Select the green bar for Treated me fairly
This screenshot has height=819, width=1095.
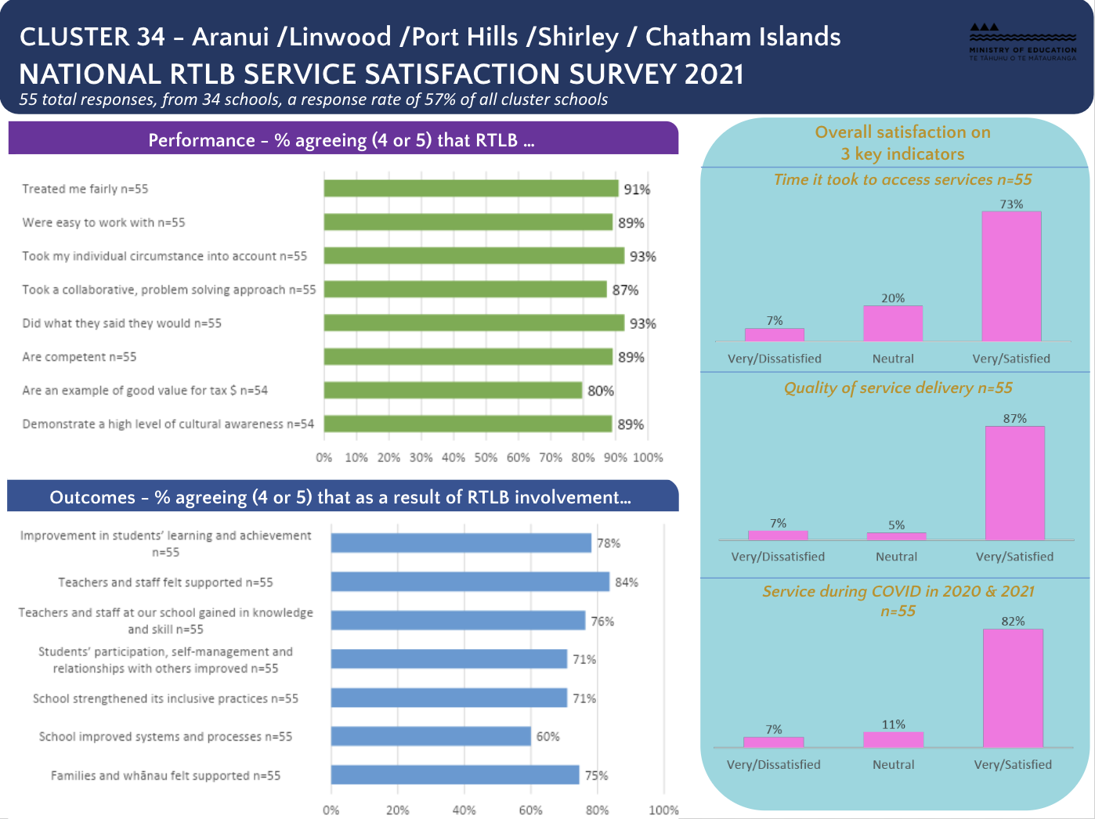point(471,189)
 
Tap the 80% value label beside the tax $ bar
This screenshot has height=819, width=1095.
point(601,391)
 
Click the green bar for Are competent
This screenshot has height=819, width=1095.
point(468,357)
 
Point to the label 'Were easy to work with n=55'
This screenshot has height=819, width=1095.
point(103,222)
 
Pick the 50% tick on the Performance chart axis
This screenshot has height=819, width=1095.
point(486,457)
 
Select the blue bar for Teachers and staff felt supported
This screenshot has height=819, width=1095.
point(470,582)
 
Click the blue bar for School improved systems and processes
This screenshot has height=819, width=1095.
point(431,737)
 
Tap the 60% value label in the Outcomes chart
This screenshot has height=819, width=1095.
point(547,737)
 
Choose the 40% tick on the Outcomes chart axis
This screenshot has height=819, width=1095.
point(464,810)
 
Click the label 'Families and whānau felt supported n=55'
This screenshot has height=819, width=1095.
point(165,776)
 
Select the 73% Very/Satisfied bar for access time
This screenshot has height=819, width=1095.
point(1011,276)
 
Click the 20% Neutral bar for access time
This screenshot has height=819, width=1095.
point(893,323)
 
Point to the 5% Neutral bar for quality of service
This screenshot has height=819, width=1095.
point(896,536)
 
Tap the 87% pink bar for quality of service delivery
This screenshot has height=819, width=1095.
point(1014,483)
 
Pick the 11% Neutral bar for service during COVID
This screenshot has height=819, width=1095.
point(893,740)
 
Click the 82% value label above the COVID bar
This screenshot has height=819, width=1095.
point(1013,621)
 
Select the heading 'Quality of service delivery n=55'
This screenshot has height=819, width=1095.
point(898,388)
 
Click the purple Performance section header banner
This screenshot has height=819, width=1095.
point(342,139)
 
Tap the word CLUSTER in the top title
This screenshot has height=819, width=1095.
point(74,37)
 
